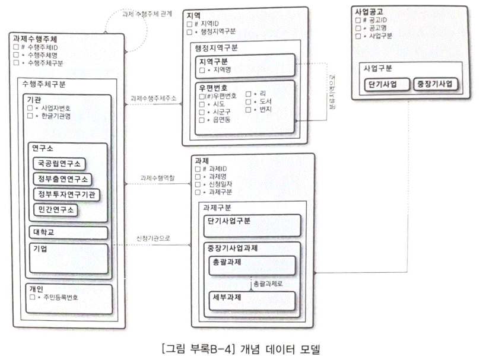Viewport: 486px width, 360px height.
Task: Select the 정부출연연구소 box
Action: tap(62, 179)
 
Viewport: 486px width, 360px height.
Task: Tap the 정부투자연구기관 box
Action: tap(66, 194)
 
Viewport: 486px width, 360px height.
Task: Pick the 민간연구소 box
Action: tap(55, 209)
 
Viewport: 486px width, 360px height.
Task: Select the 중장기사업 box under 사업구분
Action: tap(434, 84)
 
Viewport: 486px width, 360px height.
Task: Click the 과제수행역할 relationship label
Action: tap(158, 177)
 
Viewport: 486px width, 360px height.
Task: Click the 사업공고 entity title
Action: tap(369, 11)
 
